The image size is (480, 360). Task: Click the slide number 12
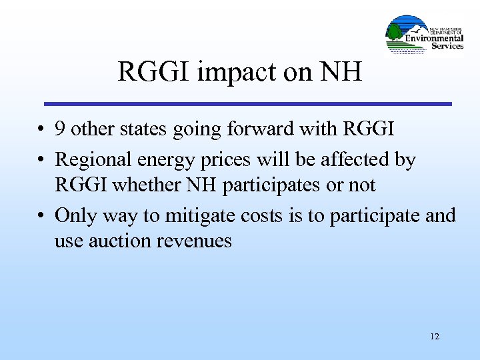435,337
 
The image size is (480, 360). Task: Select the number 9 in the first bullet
61,129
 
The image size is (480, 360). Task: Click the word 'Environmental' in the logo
435,38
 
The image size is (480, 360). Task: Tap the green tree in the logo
395,31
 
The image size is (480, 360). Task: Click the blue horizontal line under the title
247,104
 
